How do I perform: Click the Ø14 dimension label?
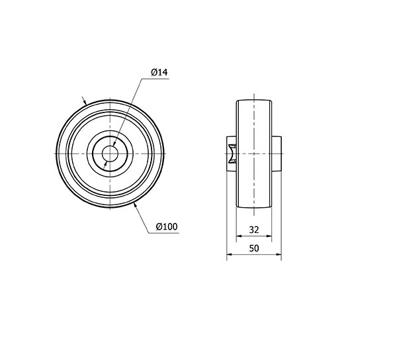coord(159,72)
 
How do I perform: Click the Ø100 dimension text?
coord(167,226)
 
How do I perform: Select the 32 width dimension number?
coord(254,230)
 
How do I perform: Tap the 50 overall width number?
coord(254,248)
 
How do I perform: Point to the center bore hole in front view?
coord(110,154)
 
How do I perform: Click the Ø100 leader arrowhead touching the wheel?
coord(136,206)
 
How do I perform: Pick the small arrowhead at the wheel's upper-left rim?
coord(85,103)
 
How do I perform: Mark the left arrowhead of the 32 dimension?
coord(240,236)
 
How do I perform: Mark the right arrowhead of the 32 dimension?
coord(269,236)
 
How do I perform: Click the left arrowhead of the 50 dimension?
coord(230,254)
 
